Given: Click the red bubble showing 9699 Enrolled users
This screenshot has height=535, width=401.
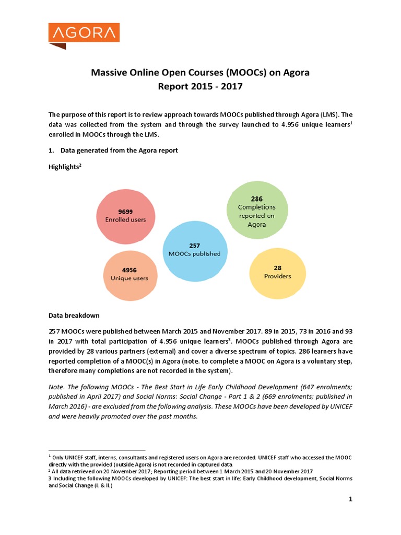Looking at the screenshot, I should pos(125,216).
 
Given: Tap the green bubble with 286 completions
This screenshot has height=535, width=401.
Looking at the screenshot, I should pos(256,211).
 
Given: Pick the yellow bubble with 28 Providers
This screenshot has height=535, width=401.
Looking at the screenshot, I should pos(277,272).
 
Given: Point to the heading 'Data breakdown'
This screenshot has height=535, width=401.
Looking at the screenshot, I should pos(74,316).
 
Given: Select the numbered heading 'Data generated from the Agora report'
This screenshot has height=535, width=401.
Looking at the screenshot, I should pos(119,150).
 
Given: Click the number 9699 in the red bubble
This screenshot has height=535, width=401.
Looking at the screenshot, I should pos(125,212).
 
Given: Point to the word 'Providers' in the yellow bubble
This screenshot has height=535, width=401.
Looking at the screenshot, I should pos(277,276).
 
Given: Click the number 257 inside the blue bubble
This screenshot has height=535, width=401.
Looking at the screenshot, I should pos(194,245).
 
